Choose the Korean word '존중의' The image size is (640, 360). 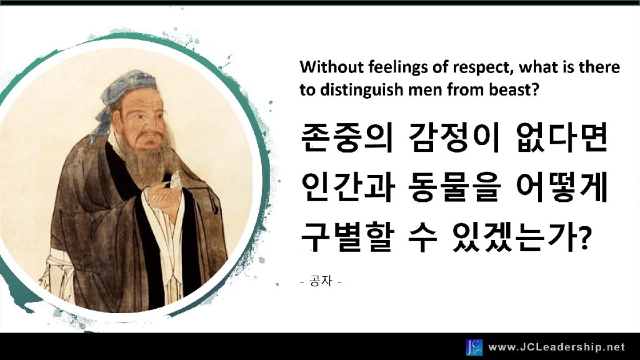[346, 137]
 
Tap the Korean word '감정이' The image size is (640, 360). [454, 137]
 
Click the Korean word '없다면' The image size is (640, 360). [562, 137]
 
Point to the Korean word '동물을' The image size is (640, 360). [454, 187]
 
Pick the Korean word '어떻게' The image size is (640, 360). [562, 187]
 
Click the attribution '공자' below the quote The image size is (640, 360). [321, 281]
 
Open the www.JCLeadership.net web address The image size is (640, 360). [556, 347]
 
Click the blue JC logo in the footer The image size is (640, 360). [474, 347]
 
